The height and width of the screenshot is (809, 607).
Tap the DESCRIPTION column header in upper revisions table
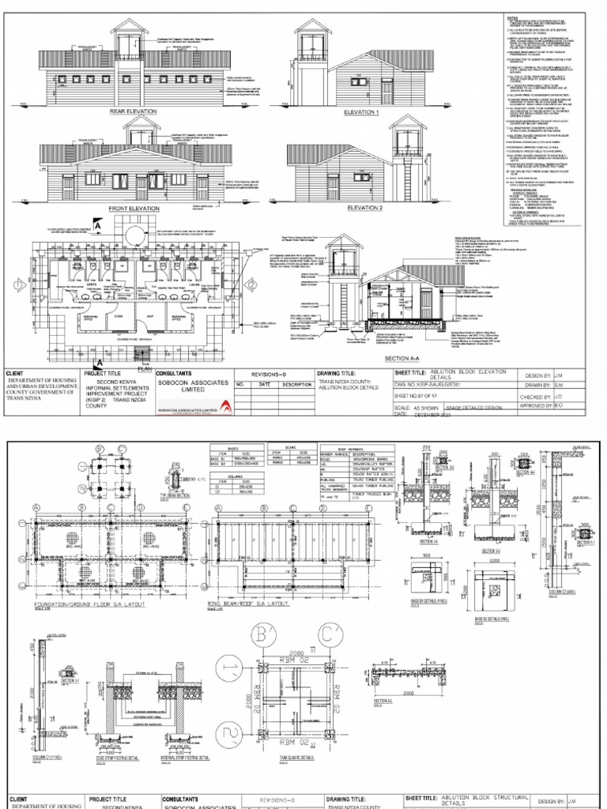[x=298, y=385]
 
